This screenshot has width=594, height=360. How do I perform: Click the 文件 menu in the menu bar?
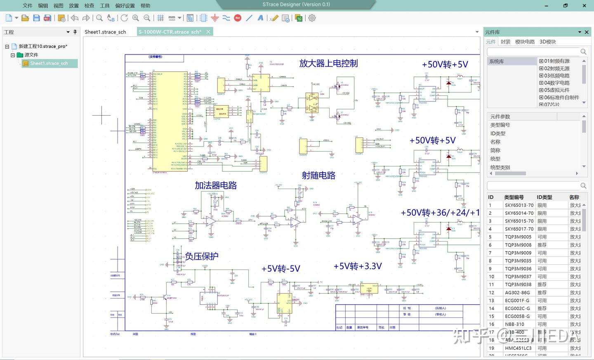click(x=27, y=6)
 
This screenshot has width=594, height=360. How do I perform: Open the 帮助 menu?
click(x=145, y=6)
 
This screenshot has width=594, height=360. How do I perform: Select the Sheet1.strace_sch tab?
click(x=105, y=32)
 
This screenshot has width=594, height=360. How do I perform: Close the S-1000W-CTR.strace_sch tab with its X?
click(x=208, y=32)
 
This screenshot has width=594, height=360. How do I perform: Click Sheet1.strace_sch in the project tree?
click(x=49, y=63)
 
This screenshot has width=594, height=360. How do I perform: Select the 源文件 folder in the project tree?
click(x=31, y=55)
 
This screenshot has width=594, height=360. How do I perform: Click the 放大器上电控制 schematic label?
click(x=328, y=64)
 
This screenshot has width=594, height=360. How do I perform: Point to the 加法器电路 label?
click(x=216, y=186)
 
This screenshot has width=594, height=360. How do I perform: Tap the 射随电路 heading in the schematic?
click(x=318, y=175)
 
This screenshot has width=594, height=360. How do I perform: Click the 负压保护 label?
click(x=201, y=256)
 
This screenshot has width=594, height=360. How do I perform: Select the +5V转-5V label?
click(x=280, y=269)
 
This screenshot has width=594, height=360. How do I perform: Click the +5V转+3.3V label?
click(x=358, y=266)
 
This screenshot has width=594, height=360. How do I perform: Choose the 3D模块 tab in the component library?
click(x=547, y=42)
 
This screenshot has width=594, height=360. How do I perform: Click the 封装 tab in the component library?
click(x=505, y=42)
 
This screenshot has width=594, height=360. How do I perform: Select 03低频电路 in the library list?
click(x=556, y=76)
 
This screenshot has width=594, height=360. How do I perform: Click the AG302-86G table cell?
click(x=517, y=293)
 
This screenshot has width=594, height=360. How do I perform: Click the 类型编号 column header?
click(x=514, y=197)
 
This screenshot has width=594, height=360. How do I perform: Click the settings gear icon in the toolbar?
click(x=312, y=18)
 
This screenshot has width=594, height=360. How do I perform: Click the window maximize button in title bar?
click(x=565, y=6)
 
